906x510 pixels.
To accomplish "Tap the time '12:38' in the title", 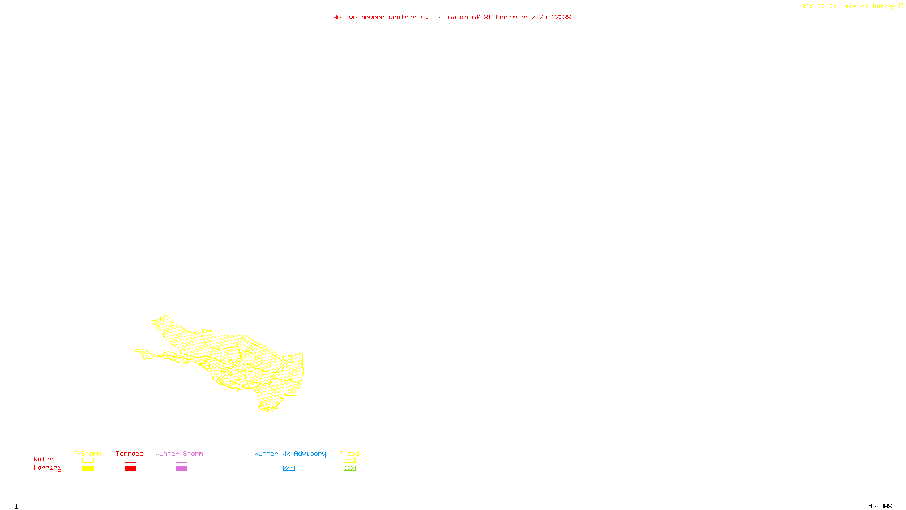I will click(561, 17).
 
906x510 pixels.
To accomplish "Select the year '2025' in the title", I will click(539, 17).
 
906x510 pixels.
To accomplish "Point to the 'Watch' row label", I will click(44, 460).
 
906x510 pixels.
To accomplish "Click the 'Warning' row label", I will click(48, 468).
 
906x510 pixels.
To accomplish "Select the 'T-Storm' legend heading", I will click(87, 453).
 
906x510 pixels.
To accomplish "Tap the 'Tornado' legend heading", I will click(130, 453).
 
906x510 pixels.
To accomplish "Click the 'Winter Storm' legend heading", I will click(179, 453).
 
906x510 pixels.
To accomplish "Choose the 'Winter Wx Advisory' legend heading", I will click(290, 453).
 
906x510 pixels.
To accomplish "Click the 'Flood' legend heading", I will click(349, 453).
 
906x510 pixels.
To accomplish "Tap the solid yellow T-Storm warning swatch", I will click(88, 469).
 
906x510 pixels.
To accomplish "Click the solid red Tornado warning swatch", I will click(131, 469).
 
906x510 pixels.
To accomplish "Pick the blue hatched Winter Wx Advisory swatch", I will click(289, 469).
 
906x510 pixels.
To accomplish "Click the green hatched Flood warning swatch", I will click(350, 469).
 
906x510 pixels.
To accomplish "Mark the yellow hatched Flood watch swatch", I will click(350, 461).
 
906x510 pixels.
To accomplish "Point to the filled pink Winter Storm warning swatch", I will click(181, 469).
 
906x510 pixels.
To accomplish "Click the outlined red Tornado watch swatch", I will click(131, 461).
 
